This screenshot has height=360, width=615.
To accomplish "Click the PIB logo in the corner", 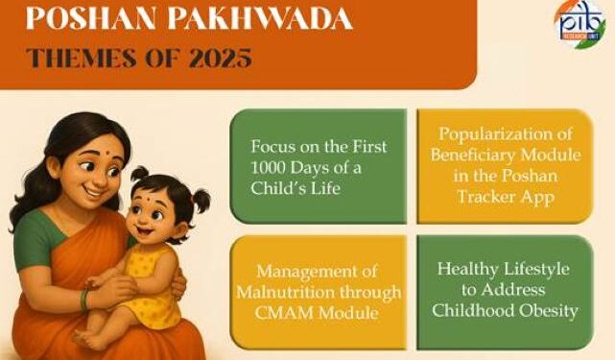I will (x=579, y=22).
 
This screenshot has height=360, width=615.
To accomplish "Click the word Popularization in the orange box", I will (x=504, y=137).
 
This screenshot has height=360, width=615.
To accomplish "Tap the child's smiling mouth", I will (x=154, y=233).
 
